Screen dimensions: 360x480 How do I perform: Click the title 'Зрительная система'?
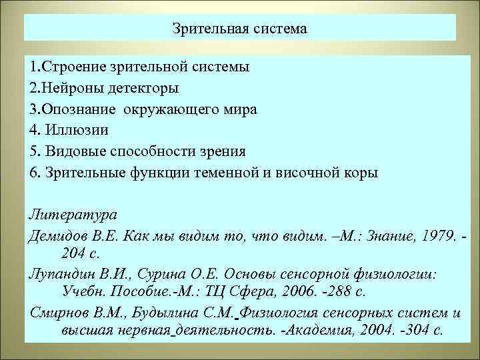tap(240, 29)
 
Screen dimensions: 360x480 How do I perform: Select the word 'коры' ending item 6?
tap(362, 171)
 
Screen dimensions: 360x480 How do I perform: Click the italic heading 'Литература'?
tap(73, 215)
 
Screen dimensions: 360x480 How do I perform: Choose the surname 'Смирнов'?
tap(59, 313)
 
